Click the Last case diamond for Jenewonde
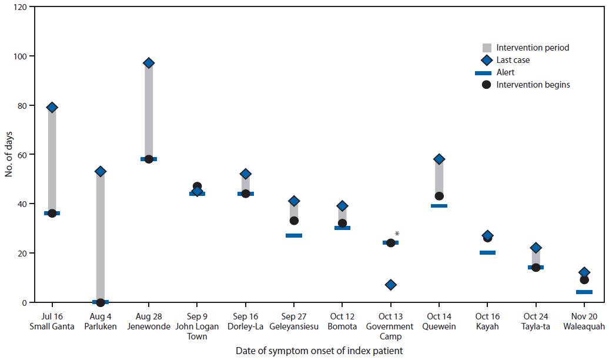pyautogui.click(x=149, y=63)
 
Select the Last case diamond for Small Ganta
pyautogui.click(x=52, y=107)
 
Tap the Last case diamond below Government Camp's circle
pyautogui.click(x=390, y=285)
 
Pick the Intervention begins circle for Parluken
pyautogui.click(x=101, y=302)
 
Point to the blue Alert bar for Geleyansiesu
pyautogui.click(x=294, y=235)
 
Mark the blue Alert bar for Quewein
pyautogui.click(x=439, y=206)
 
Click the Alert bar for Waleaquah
pyautogui.click(x=584, y=292)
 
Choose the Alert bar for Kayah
pyautogui.click(x=487, y=252)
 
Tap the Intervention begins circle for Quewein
pyautogui.click(x=439, y=196)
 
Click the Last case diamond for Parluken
pyautogui.click(x=101, y=171)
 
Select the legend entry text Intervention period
pyautogui.click(x=533, y=48)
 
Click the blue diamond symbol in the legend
pyautogui.click(x=486, y=60)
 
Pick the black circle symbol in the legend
pyautogui.click(x=486, y=85)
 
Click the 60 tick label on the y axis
pyautogui.click(x=22, y=155)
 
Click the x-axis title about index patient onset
pyautogui.click(x=319, y=351)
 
